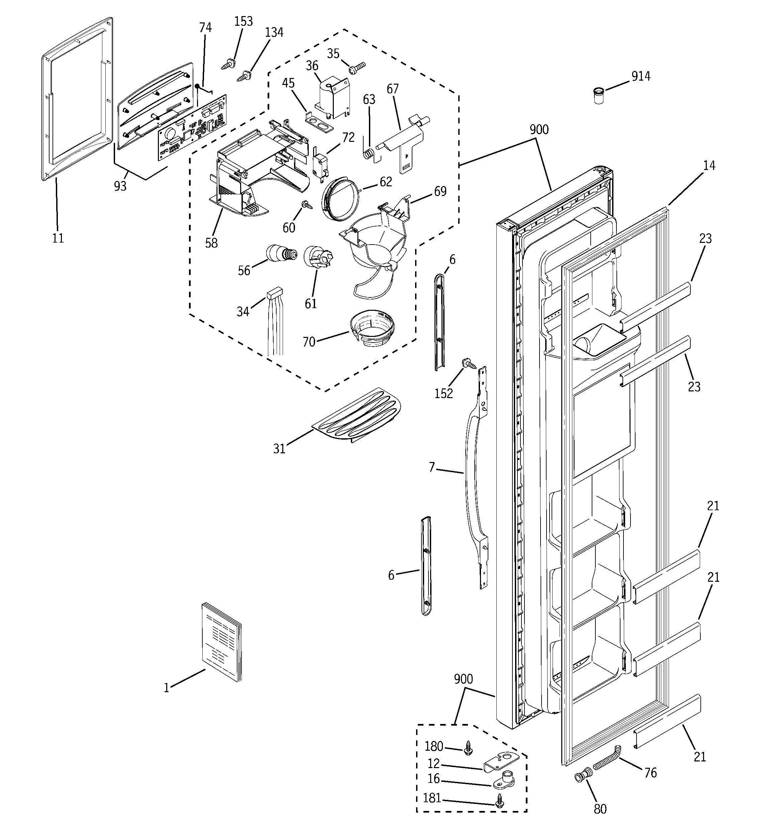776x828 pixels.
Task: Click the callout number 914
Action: point(641,76)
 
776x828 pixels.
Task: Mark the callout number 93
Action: point(120,186)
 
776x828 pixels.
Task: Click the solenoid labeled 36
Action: point(332,98)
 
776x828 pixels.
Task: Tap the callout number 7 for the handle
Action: point(431,467)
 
